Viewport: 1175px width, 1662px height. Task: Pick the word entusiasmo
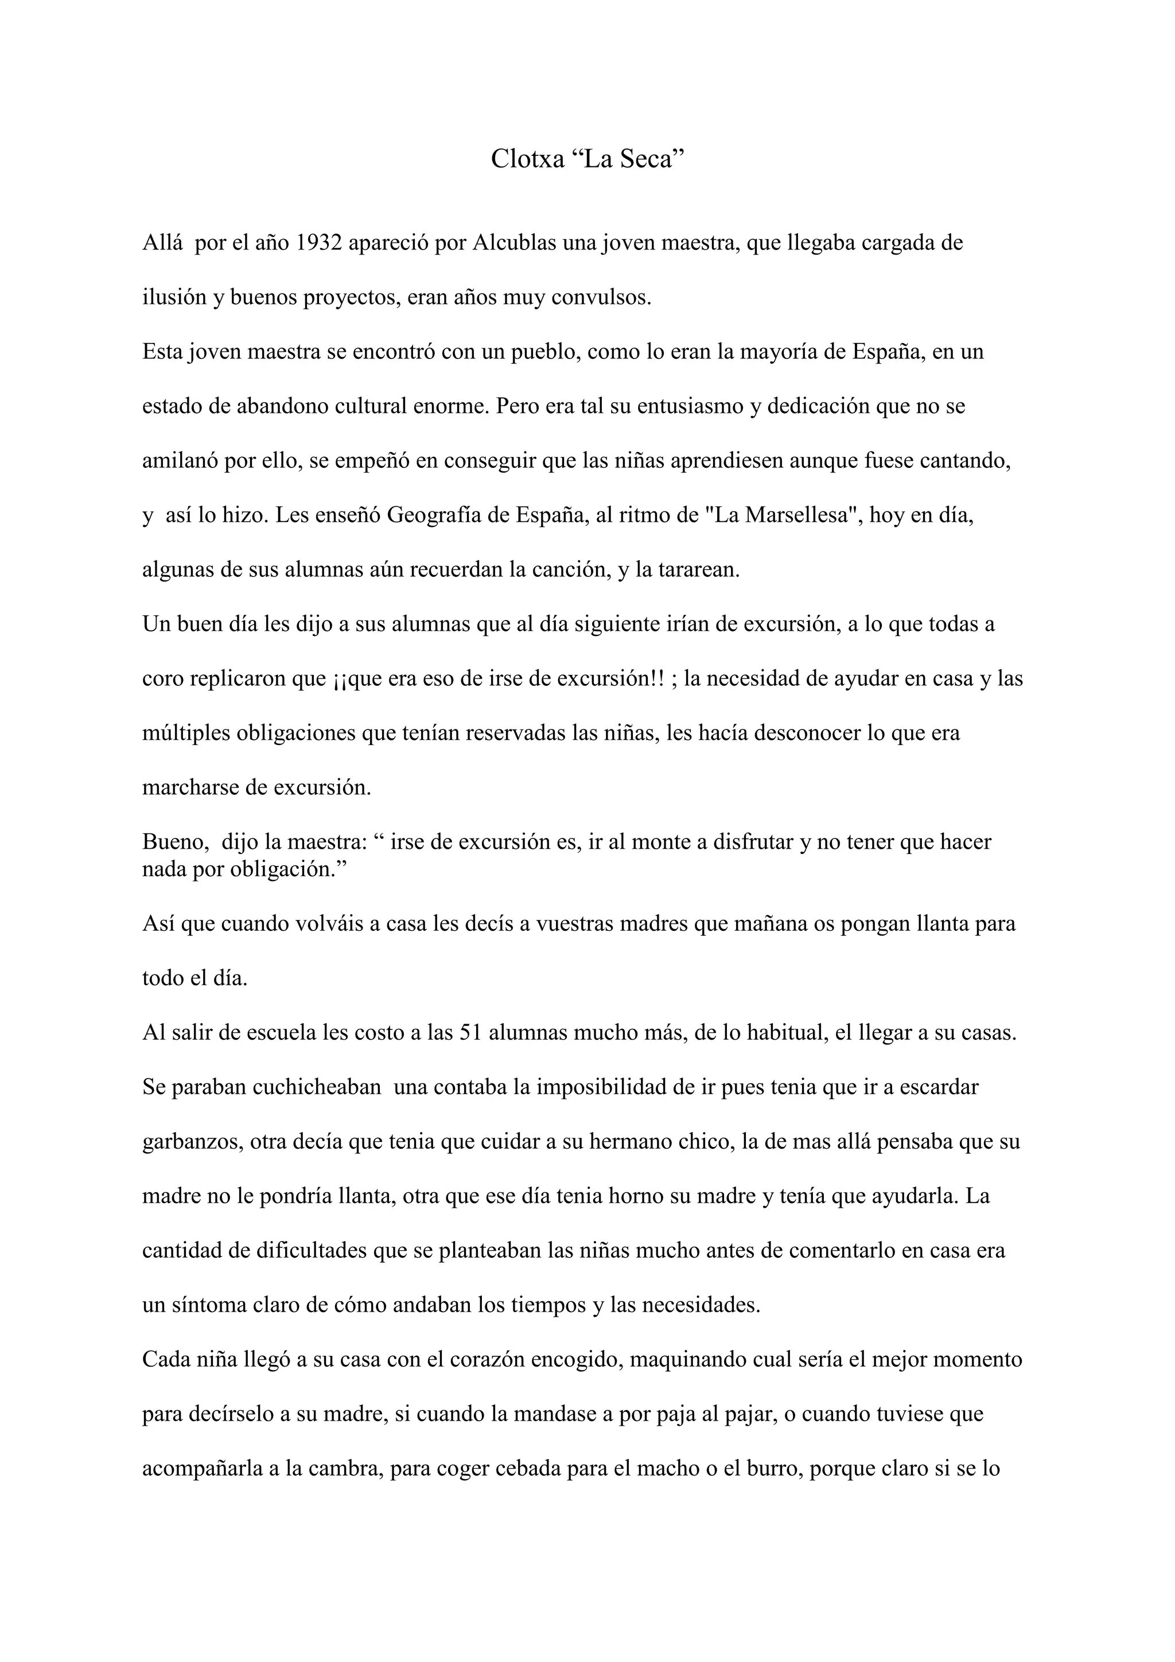pyautogui.click(x=690, y=406)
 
